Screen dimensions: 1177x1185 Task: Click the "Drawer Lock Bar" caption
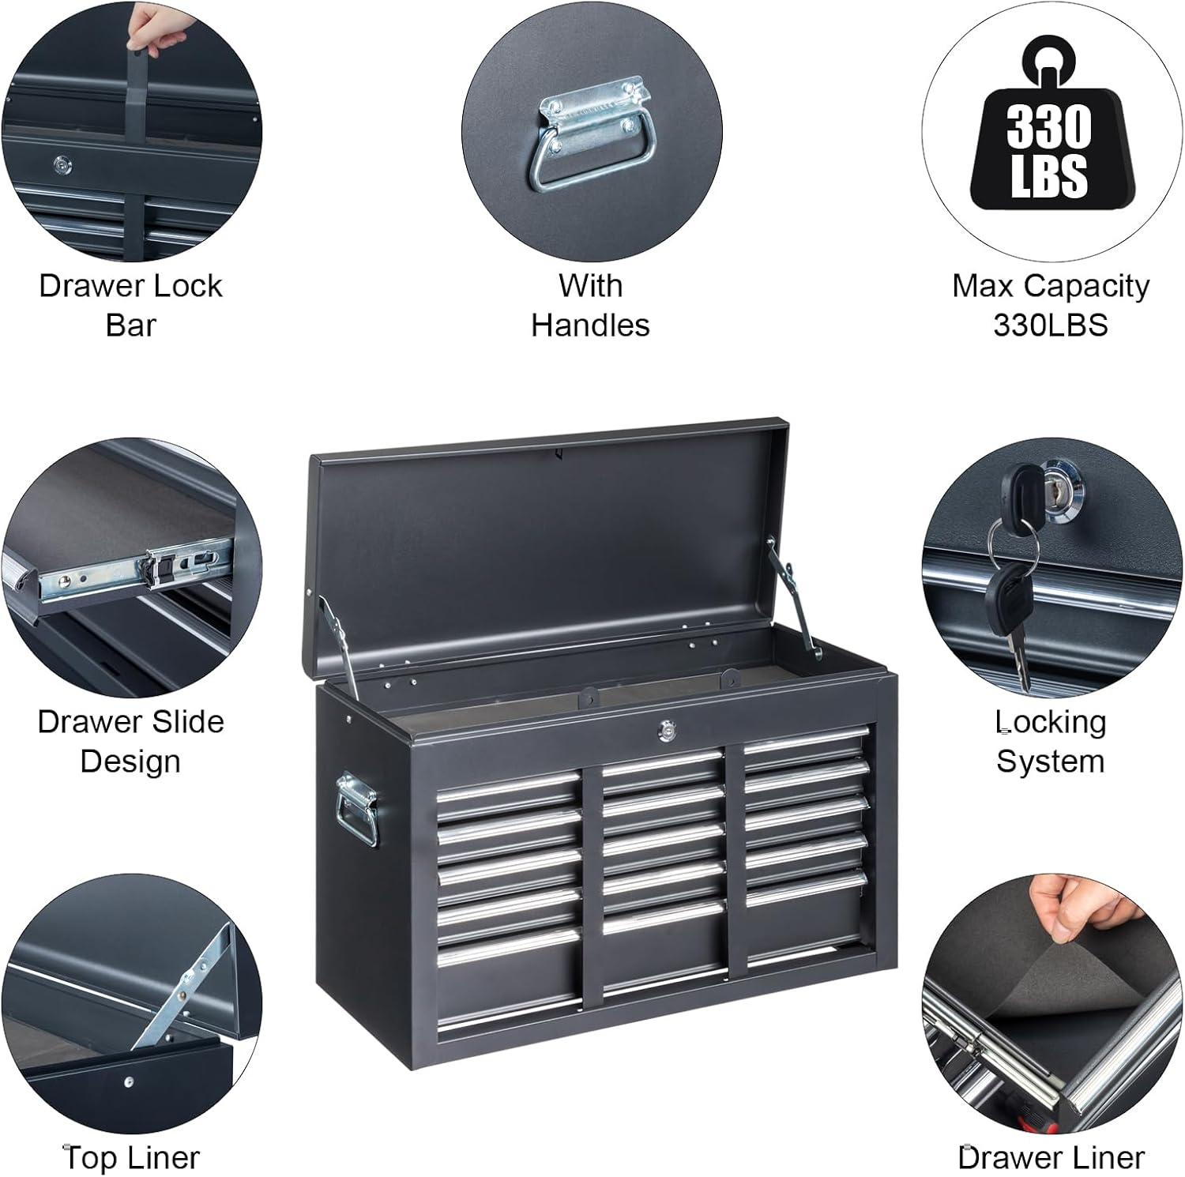130,305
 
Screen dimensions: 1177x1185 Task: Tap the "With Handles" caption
590,305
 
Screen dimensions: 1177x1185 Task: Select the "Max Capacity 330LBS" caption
1050,305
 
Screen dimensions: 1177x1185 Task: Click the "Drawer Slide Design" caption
130,741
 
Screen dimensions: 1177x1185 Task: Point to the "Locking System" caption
1050,741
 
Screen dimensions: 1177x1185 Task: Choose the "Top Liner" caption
131,1157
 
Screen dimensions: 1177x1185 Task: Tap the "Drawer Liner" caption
1050,1157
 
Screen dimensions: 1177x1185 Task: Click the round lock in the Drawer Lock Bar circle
63,164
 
